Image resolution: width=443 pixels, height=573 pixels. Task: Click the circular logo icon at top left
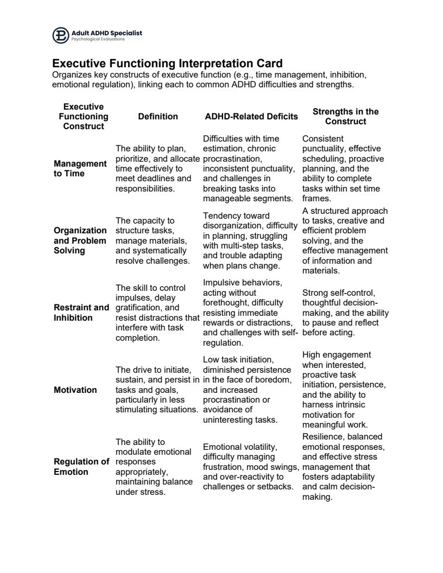click(x=61, y=36)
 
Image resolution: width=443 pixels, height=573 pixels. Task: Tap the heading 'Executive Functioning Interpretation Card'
click(x=167, y=63)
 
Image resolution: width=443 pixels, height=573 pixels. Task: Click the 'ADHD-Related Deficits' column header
click(x=251, y=117)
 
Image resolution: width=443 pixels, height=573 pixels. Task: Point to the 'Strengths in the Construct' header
click(x=346, y=117)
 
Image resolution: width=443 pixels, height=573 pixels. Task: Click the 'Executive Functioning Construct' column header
click(x=84, y=117)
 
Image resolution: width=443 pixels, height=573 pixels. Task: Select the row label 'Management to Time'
click(x=80, y=168)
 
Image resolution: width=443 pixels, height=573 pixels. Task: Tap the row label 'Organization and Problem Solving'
click(x=80, y=240)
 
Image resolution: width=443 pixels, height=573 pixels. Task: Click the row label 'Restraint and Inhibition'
click(x=81, y=313)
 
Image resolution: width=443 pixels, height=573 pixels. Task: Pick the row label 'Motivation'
click(x=75, y=390)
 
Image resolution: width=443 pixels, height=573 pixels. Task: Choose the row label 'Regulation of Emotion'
click(x=81, y=467)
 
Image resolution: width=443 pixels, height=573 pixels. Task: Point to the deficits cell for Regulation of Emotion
click(x=251, y=466)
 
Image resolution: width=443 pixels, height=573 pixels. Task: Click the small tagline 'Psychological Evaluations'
click(x=98, y=40)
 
